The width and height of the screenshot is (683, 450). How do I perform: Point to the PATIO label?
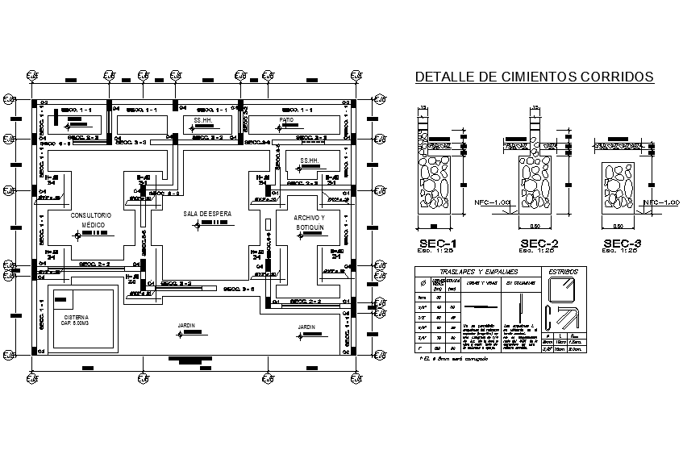pyautogui.click(x=286, y=119)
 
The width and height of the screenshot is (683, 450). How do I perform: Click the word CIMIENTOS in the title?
pyautogui.click(x=529, y=78)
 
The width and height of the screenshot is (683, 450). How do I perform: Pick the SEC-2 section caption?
pyautogui.click(x=539, y=244)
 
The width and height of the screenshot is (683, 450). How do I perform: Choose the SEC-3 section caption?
pyautogui.click(x=623, y=244)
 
